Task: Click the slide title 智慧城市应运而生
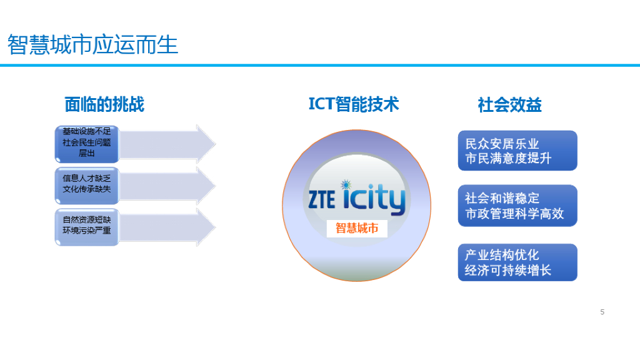tap(93, 45)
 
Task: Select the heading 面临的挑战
tap(104, 104)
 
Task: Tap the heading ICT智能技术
tap(353, 104)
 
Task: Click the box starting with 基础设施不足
tap(86, 142)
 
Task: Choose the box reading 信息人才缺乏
tap(86, 184)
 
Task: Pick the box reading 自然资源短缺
tap(86, 226)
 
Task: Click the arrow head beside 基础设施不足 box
tap(205, 144)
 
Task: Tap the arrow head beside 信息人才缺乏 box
tap(205, 185)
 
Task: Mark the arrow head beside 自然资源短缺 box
tap(205, 226)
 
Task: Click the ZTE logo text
tap(321, 199)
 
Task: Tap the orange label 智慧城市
tap(357, 228)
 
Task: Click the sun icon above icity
tap(346, 185)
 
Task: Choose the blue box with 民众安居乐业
tap(517, 151)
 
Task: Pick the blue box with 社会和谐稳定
tap(517, 206)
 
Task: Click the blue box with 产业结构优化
tap(517, 262)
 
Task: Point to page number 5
tap(602, 312)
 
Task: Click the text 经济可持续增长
tap(508, 271)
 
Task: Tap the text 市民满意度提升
tap(508, 159)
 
